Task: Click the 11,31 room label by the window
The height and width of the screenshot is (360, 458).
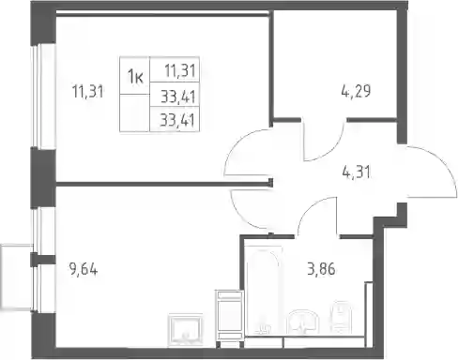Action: tap(87, 92)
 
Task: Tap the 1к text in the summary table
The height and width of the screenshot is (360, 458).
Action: tap(135, 76)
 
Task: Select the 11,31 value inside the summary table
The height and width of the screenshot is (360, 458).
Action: tap(180, 71)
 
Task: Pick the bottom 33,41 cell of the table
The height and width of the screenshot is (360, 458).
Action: tap(177, 120)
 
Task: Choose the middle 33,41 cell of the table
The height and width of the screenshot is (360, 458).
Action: tap(178, 97)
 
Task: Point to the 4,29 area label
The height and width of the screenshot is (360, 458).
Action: tap(356, 91)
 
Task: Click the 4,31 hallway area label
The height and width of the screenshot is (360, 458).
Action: tap(357, 172)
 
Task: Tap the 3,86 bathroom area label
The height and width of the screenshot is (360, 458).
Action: tap(321, 269)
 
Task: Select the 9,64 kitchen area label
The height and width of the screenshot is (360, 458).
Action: tap(84, 269)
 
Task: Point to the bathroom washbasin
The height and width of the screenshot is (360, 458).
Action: tap(303, 322)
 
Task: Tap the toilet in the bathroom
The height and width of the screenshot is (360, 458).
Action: tap(342, 317)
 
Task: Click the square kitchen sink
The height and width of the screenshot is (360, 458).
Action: tap(185, 330)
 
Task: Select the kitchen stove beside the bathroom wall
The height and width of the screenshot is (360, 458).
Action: tap(229, 319)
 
